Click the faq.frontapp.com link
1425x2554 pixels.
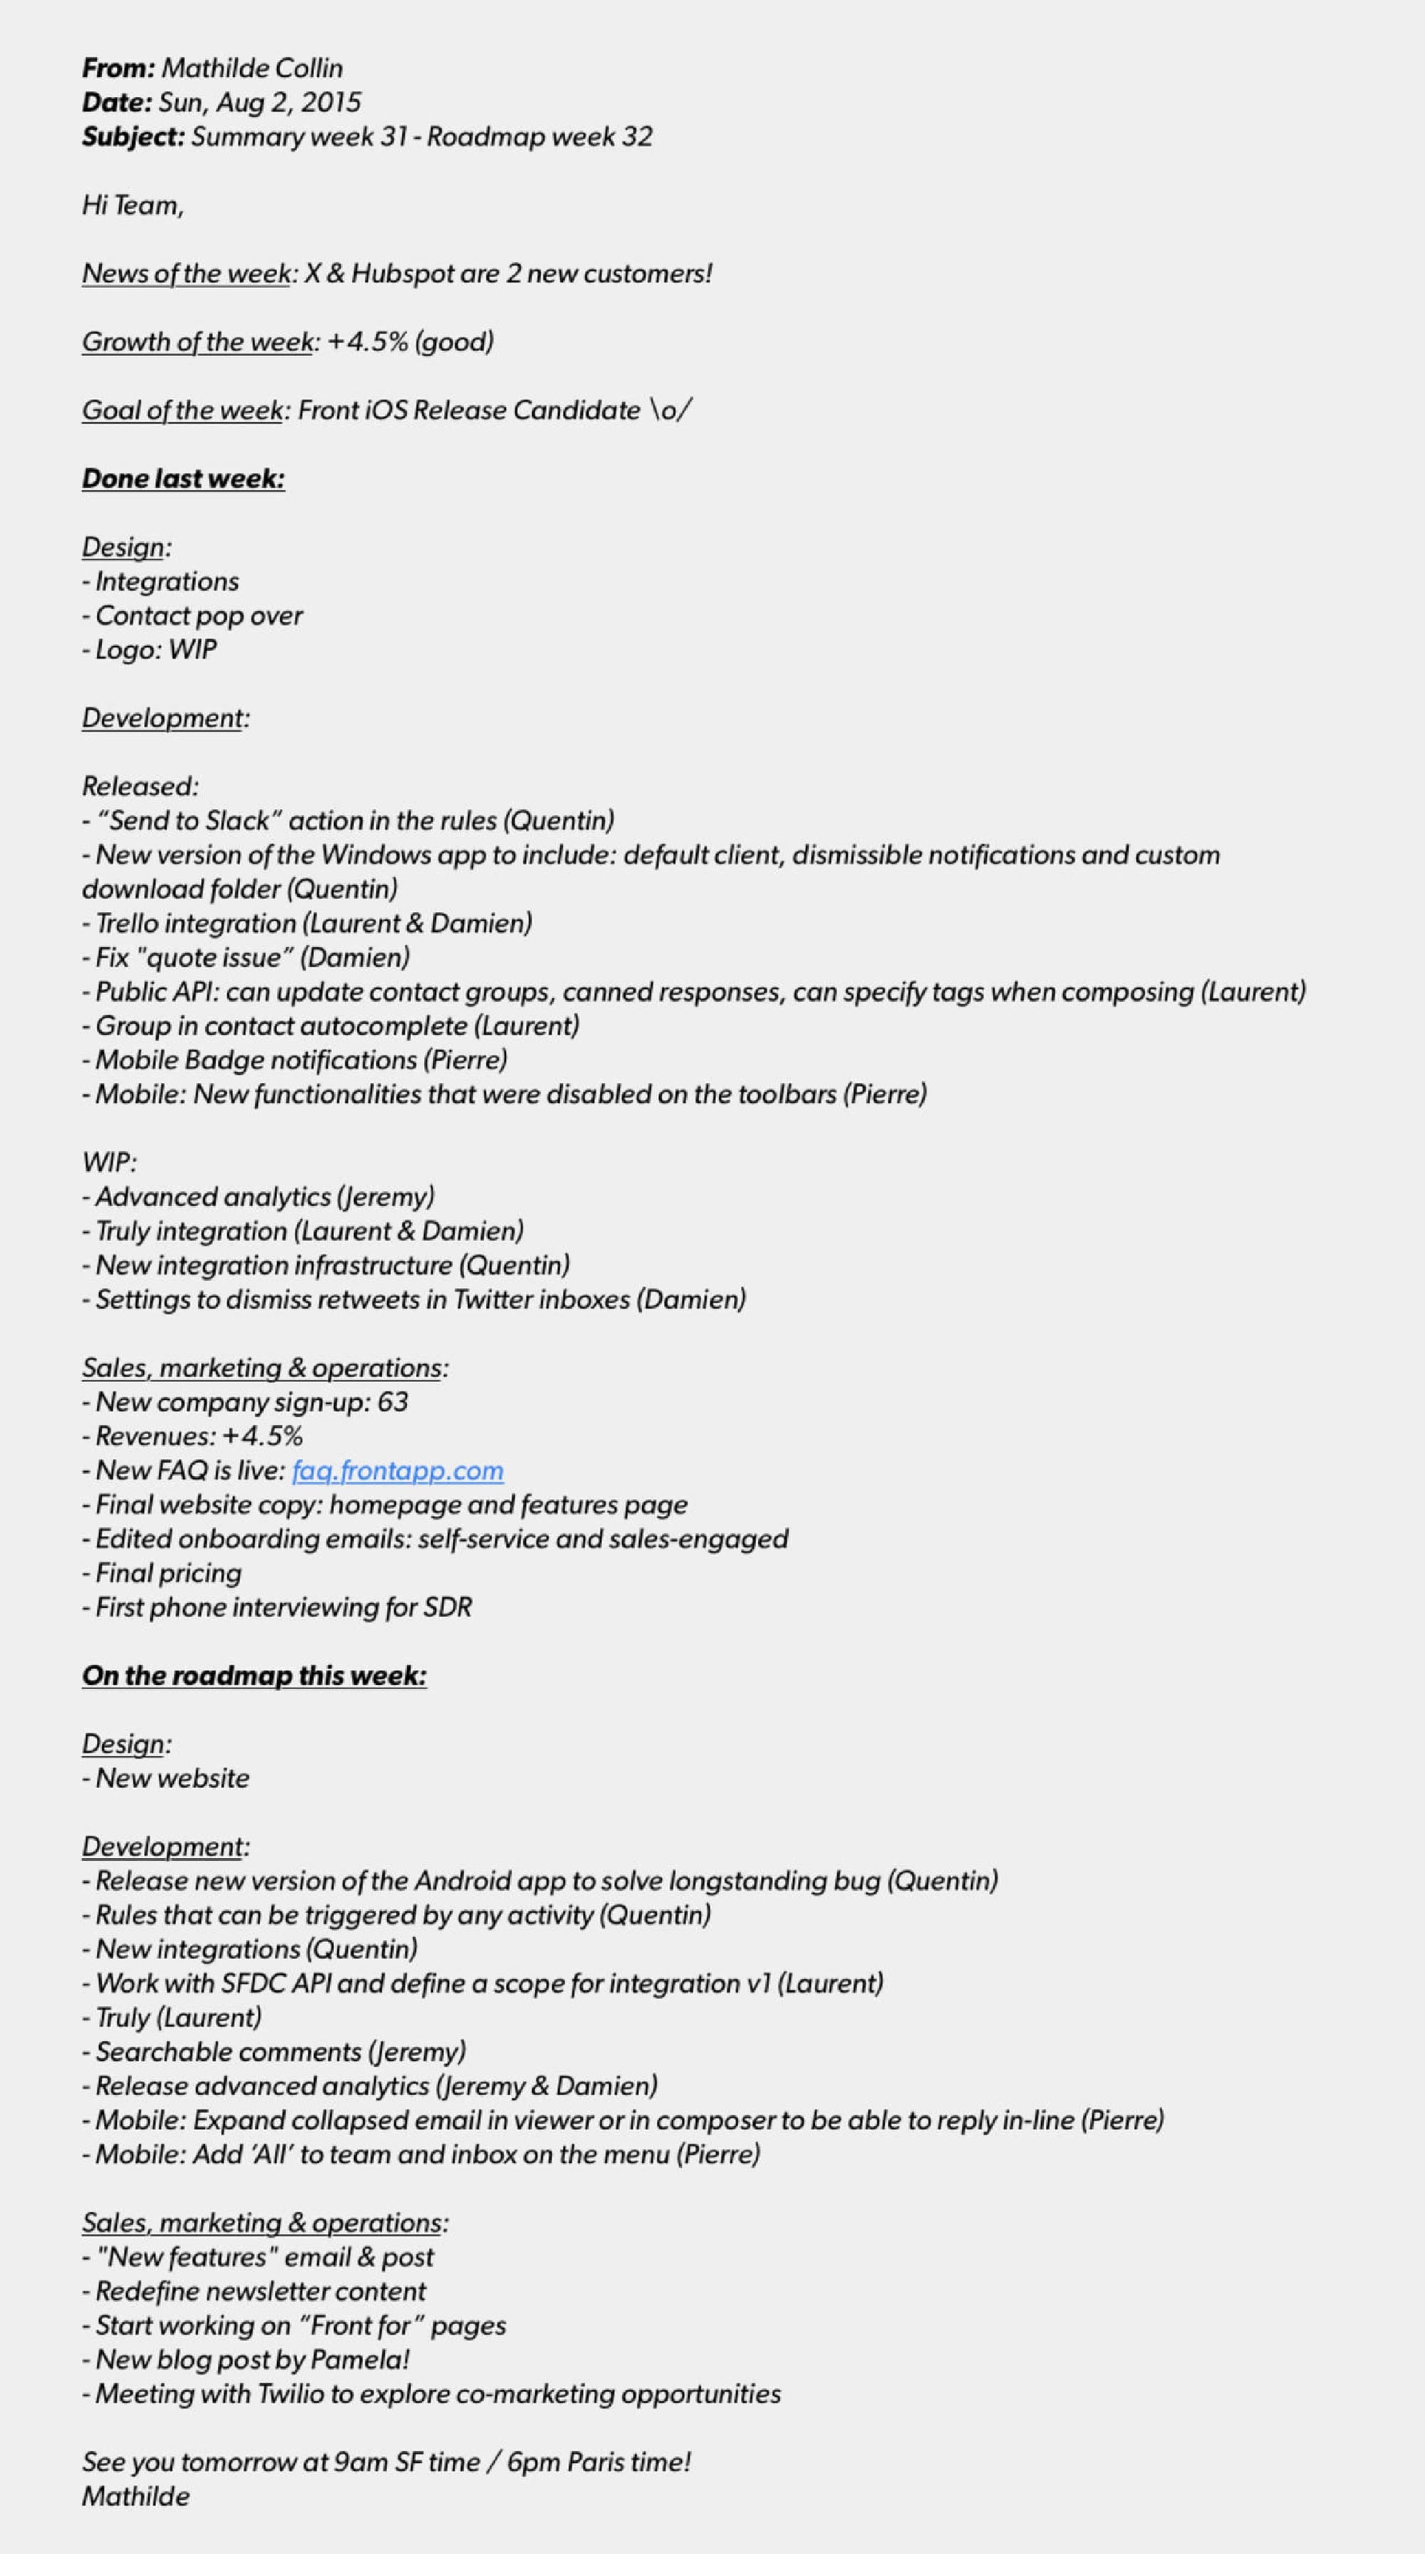coord(398,1470)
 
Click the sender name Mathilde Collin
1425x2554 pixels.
coord(252,68)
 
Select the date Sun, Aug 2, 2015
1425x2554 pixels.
coord(260,102)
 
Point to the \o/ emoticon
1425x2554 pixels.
coord(670,410)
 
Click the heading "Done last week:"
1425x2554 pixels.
coord(183,479)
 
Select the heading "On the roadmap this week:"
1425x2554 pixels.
coord(254,1676)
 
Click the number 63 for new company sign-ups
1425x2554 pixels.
coord(393,1402)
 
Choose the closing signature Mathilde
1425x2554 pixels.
coord(136,2496)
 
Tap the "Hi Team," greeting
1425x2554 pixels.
coord(133,205)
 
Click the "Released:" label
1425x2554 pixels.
coord(140,787)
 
